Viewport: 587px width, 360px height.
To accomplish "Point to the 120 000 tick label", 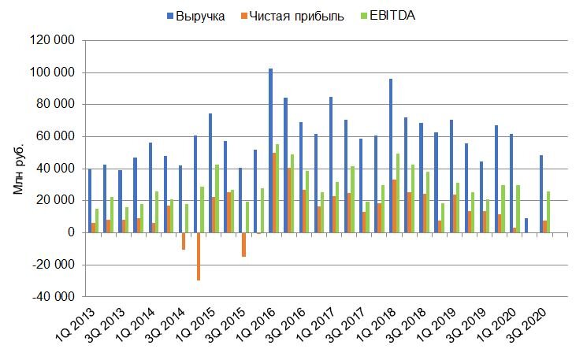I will click(53, 40).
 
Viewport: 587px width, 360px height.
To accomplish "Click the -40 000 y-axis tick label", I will click(53, 297).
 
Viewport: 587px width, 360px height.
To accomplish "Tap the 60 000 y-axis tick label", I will click(56, 136).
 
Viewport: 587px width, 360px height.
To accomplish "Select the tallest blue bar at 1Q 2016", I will click(270, 150).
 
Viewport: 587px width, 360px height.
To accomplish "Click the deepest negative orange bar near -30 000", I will click(199, 256).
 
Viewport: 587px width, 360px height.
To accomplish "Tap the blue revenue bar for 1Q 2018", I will click(391, 155).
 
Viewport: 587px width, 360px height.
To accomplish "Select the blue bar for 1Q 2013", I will click(89, 201).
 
